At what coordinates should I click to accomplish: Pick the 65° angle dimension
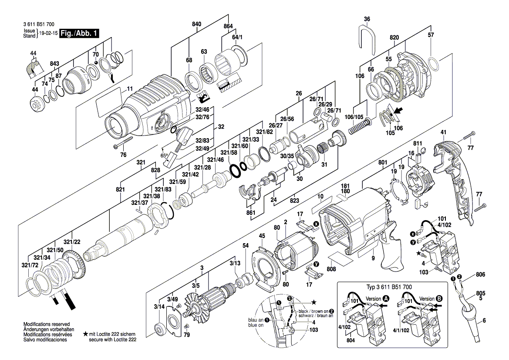(164, 155)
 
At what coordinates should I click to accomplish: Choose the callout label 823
(294, 201)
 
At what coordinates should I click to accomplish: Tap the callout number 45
(262, 236)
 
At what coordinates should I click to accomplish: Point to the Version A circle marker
(386, 299)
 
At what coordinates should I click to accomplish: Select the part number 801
(383, 163)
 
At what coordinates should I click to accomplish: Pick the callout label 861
(250, 212)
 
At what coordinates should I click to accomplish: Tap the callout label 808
(331, 269)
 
